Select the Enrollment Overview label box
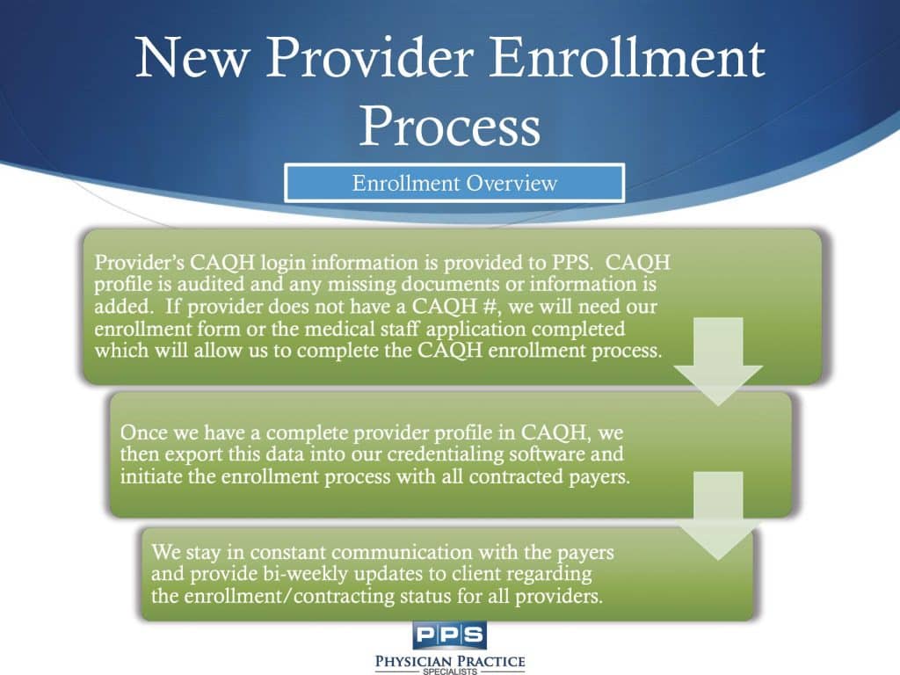click(x=454, y=184)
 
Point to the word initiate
click(x=152, y=479)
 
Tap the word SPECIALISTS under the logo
click(x=449, y=671)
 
